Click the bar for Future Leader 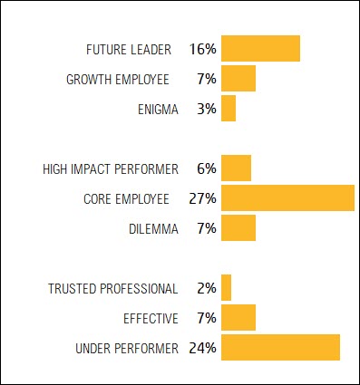coord(260,48)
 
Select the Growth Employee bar coord(238,79)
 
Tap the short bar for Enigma coord(229,109)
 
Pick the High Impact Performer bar coord(236,168)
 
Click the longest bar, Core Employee coord(287,197)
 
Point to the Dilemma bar coord(238,227)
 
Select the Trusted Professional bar coord(227,287)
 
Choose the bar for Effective coord(238,317)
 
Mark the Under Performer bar coord(280,347)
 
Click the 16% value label coord(203,49)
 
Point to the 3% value coord(207,109)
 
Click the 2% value coord(207,288)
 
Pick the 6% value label coord(207,168)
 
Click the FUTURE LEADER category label coord(131,49)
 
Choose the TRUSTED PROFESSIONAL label coord(113,288)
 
